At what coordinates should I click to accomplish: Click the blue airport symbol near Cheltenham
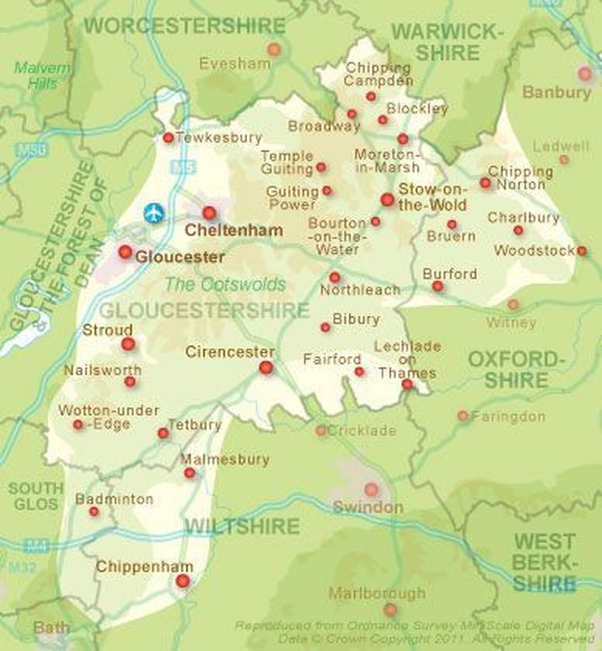154,212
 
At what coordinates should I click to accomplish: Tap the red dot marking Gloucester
125,252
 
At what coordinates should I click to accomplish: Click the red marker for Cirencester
266,367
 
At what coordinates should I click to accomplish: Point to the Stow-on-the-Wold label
432,197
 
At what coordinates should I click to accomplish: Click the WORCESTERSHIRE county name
185,26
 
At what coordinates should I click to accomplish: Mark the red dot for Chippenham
183,580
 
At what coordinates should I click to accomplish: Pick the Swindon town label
368,508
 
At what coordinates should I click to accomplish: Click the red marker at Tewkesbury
168,138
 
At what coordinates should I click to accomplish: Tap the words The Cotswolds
225,284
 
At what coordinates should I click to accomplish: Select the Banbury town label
556,92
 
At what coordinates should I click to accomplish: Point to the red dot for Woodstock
582,251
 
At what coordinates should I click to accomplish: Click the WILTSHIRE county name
241,527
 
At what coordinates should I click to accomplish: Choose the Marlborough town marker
390,610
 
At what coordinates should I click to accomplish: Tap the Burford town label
450,274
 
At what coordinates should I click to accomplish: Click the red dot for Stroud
128,344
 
